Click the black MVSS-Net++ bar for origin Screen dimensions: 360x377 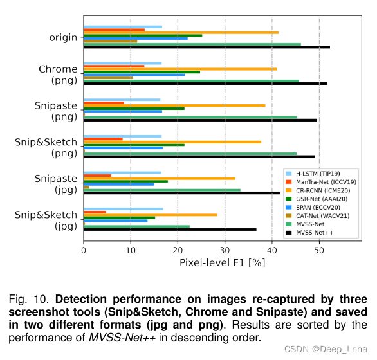pyautogui.click(x=206, y=47)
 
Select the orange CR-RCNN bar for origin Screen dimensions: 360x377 pyautogui.click(x=181, y=32)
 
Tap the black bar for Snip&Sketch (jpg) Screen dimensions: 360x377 pyautogui.click(x=170, y=230)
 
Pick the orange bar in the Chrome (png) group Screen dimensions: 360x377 pyautogui.click(x=180, y=69)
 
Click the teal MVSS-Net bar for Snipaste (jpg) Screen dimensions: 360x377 pyautogui.click(x=161, y=190)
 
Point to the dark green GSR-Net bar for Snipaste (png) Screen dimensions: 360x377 pyautogui.click(x=134, y=108)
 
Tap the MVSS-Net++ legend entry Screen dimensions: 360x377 pyautogui.click(x=318, y=232)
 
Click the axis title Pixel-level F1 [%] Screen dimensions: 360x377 pyautogui.click(x=213, y=263)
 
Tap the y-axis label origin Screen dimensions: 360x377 pyautogui.click(x=63, y=37)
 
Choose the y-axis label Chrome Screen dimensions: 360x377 pyautogui.click(x=58, y=69)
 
